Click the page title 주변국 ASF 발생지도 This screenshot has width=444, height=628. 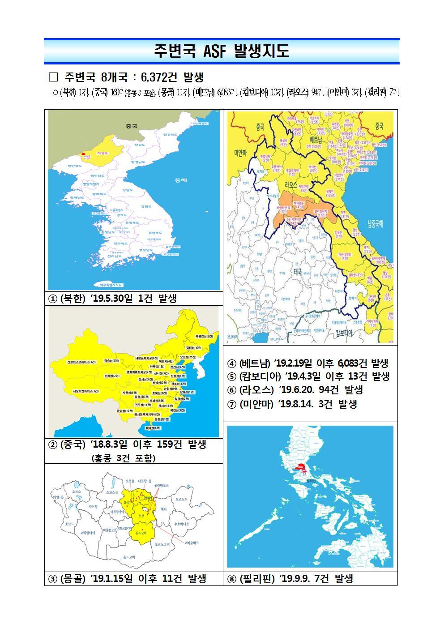pos(222,51)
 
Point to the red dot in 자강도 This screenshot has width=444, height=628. pos(83,154)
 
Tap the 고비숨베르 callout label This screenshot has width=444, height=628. pos(191,542)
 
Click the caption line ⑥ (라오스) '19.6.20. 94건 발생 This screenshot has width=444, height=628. pos(295,390)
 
